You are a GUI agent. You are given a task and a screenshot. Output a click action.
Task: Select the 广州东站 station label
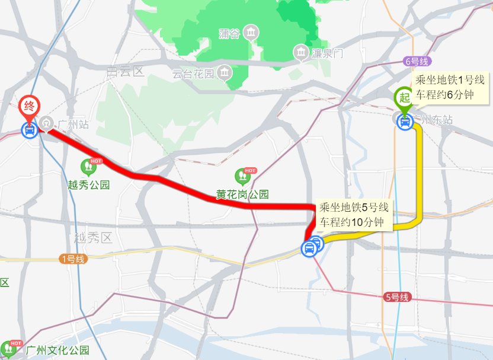point(432,120)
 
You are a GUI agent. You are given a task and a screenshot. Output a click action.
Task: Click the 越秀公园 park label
point(89,184)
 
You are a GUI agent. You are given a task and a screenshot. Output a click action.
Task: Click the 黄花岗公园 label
point(242,194)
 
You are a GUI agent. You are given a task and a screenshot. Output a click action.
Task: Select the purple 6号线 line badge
point(416,61)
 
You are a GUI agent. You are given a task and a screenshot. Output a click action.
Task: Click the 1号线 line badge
point(73,259)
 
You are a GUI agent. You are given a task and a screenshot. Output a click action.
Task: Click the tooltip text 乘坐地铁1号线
point(450,80)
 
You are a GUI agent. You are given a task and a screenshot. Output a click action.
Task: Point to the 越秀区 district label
point(93,238)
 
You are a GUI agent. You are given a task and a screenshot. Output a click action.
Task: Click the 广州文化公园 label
point(57,350)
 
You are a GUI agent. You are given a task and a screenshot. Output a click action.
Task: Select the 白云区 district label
point(126,72)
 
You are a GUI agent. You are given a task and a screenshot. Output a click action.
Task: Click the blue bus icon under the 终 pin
point(29,130)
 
